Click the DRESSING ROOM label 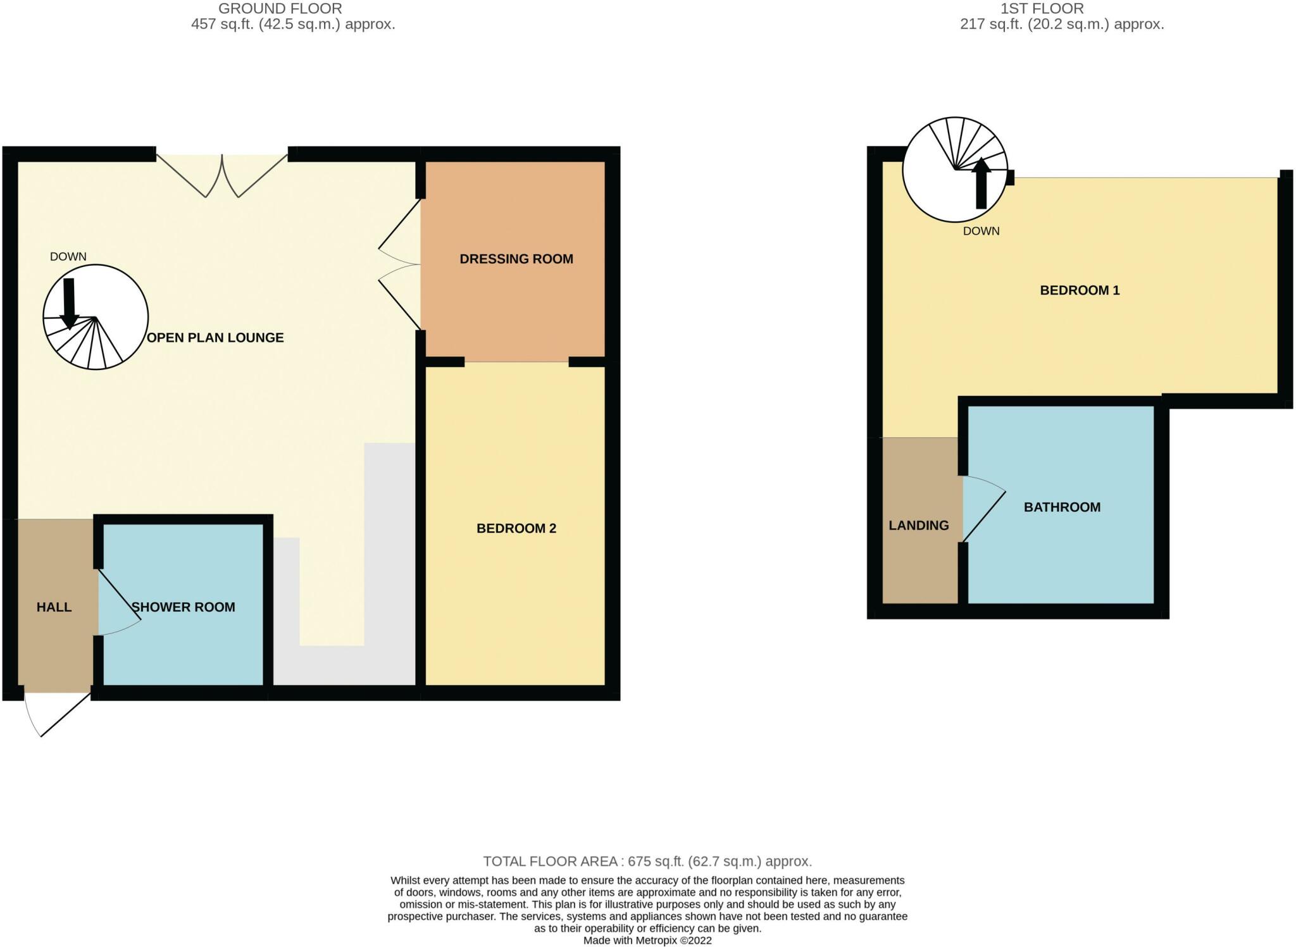pyautogui.click(x=516, y=259)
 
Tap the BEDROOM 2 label pyautogui.click(x=516, y=528)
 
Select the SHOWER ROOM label pyautogui.click(x=184, y=607)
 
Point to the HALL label pyautogui.click(x=54, y=607)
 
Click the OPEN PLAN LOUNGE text pyautogui.click(x=215, y=338)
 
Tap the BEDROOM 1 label pyautogui.click(x=1080, y=290)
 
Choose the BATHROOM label pyautogui.click(x=1062, y=507)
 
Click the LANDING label pyautogui.click(x=918, y=525)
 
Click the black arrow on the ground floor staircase pyautogui.click(x=69, y=302)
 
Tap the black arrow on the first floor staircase pyautogui.click(x=981, y=183)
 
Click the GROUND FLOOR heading pyautogui.click(x=280, y=9)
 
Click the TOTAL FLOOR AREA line pyautogui.click(x=647, y=861)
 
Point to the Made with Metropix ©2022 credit pyautogui.click(x=647, y=941)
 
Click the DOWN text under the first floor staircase pyautogui.click(x=981, y=231)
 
